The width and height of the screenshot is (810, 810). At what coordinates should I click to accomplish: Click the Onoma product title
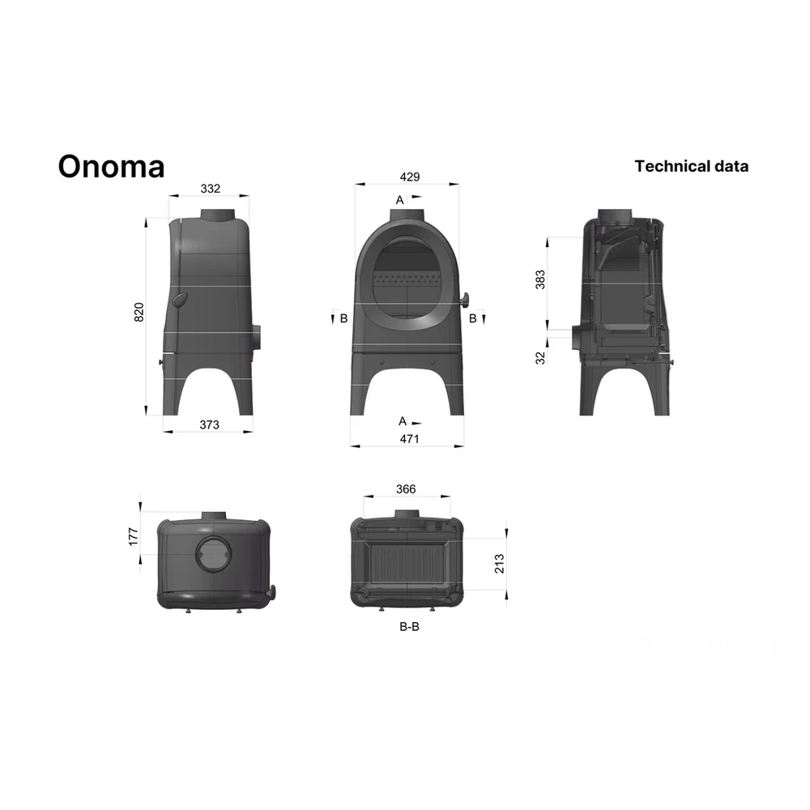111,166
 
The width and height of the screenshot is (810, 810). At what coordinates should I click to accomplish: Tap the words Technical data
691,166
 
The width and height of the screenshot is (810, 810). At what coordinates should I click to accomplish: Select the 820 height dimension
139,313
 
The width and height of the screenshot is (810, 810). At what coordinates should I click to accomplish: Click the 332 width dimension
211,189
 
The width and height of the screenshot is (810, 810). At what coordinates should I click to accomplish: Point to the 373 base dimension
209,424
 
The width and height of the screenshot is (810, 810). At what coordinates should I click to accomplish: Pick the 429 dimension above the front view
410,177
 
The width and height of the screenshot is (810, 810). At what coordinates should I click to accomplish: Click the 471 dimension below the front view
409,438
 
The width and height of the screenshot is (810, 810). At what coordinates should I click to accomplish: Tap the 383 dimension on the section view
539,279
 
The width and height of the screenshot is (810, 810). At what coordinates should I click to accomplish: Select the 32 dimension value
539,358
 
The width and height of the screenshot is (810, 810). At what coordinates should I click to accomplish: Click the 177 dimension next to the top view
134,537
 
